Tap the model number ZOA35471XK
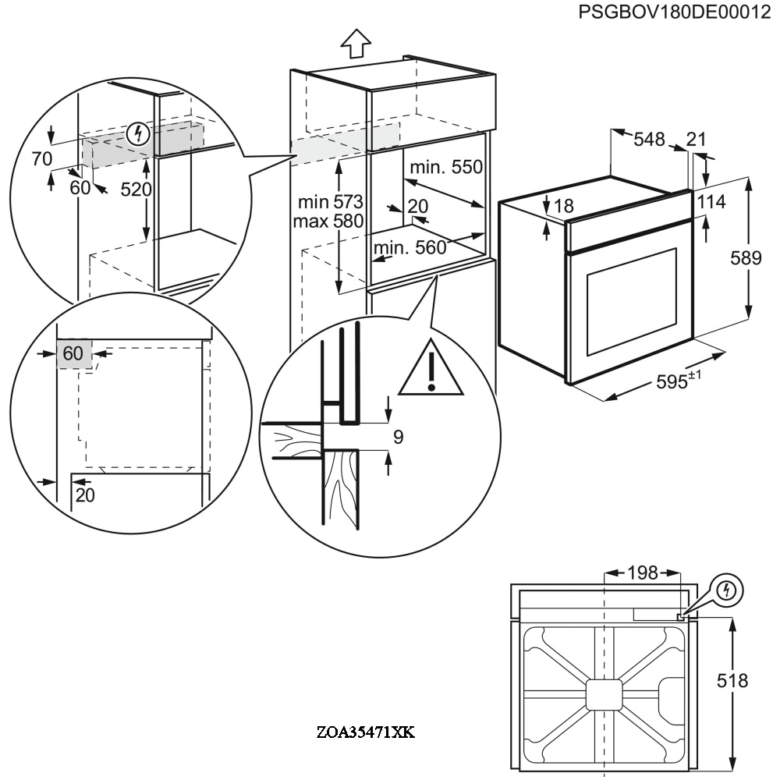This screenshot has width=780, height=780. pos(366,732)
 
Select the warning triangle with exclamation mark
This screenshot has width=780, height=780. pos(431,368)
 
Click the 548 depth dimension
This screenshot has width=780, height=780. pos(649,140)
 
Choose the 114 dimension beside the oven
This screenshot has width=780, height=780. pos(711,202)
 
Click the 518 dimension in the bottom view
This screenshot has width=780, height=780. pos(732,681)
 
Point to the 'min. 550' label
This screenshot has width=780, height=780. pos(446,167)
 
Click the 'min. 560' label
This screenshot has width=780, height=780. pos(409,248)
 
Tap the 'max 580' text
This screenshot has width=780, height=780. pos(328,222)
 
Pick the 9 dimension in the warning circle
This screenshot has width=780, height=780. pos(398,437)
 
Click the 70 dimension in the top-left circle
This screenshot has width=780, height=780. pos(41,159)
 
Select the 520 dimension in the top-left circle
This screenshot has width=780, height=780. pos(136,190)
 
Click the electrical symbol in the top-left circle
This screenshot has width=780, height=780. pos(138,133)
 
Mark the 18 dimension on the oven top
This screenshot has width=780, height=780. pos(563,206)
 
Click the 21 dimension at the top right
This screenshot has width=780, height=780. pos(695,140)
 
